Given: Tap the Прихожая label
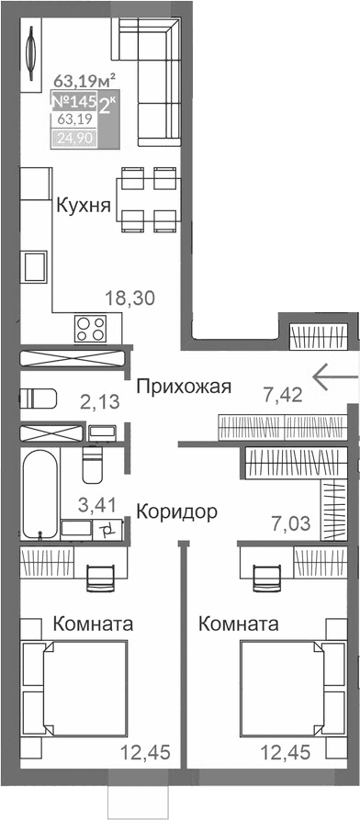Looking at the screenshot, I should pos(183,387).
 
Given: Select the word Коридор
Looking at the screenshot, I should pos(177,511).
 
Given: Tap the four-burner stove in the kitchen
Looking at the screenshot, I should pos(90,327).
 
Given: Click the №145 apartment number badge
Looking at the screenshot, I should pos(73,103).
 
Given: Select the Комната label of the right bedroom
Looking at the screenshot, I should pos(238,623).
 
